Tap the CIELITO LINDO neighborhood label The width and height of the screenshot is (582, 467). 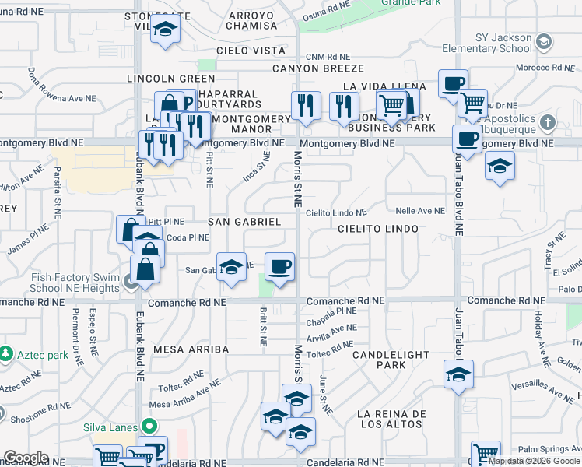(x=378, y=229)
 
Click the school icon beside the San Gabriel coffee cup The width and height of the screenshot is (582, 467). (x=231, y=266)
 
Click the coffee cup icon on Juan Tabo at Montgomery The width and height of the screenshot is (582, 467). (x=468, y=139)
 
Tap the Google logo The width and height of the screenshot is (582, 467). (x=26, y=458)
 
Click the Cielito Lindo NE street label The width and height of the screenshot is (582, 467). (x=336, y=212)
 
